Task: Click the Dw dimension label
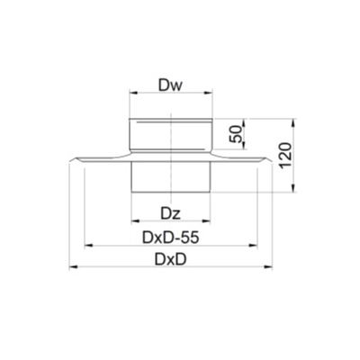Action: [x=170, y=85]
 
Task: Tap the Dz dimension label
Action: [x=170, y=214]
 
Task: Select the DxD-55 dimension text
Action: [x=170, y=238]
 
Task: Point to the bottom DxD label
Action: [x=170, y=259]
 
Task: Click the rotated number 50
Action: [x=236, y=134]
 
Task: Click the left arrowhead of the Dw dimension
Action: [x=133, y=93]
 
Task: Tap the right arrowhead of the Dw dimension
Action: [x=209, y=93]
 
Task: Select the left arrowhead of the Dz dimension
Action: [x=136, y=221]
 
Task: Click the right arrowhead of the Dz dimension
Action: [x=207, y=221]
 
